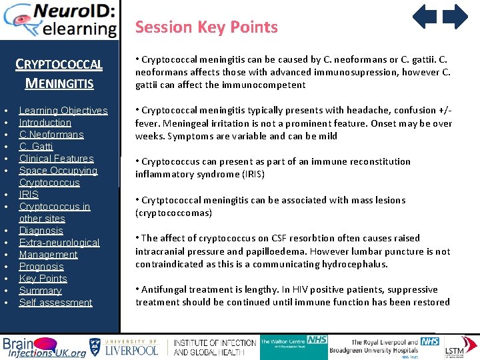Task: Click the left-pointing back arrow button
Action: pyautogui.click(x=424, y=17)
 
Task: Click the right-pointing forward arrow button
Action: pyautogui.click(x=456, y=17)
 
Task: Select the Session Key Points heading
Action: pyautogui.click(x=206, y=27)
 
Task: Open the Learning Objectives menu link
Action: pyautogui.click(x=63, y=111)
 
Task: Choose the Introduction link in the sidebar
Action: pyautogui.click(x=45, y=123)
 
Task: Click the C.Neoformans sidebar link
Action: pyautogui.click(x=51, y=135)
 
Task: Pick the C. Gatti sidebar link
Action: pyautogui.click(x=36, y=147)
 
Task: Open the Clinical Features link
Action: pyautogui.click(x=56, y=159)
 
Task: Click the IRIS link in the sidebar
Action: pyautogui.click(x=29, y=195)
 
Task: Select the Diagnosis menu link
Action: pyautogui.click(x=41, y=231)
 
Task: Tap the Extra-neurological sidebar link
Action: pyautogui.click(x=59, y=243)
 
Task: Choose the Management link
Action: pyautogui.click(x=48, y=255)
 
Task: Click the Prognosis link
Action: pyautogui.click(x=41, y=267)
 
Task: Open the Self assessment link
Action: pyautogui.click(x=55, y=303)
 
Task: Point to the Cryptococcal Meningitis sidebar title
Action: pyautogui.click(x=59, y=73)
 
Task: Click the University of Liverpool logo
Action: pyautogui.click(x=124, y=347)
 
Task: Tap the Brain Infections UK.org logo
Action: pyautogui.click(x=43, y=347)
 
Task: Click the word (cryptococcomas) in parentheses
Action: pyautogui.click(x=174, y=213)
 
